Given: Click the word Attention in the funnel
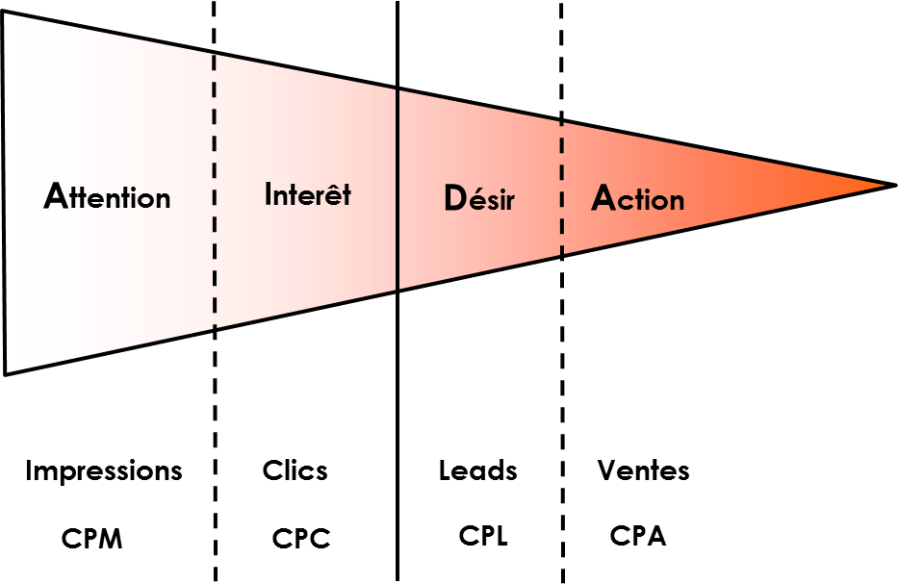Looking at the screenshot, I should [108, 196].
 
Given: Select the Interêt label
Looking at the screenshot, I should [308, 194].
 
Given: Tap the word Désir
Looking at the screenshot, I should [479, 199].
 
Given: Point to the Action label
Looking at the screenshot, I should [637, 198].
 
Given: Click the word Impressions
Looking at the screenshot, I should [104, 471].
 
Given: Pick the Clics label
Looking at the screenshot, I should [295, 471].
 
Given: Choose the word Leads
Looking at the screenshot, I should [478, 471].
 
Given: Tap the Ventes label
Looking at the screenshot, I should [643, 471].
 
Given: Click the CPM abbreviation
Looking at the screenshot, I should [92, 539].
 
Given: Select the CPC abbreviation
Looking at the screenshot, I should [301, 539].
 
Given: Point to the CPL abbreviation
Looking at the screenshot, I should [482, 535].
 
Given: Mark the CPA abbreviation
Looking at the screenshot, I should [638, 535].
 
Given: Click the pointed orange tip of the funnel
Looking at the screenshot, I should [890, 185].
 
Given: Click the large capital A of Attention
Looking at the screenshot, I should [57, 195].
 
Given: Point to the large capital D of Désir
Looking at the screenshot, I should [453, 198].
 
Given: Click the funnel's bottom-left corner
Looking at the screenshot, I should [6, 372].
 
